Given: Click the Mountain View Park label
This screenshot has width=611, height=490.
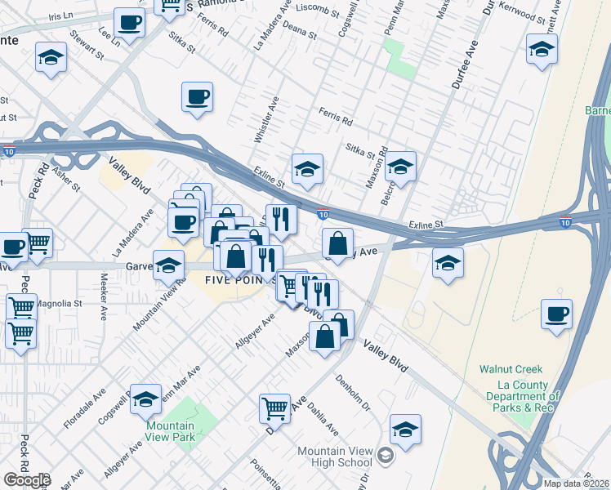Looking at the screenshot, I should (170, 431).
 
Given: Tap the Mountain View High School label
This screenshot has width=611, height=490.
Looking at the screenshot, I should (334, 457).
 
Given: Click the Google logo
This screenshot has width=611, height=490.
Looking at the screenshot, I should (27, 480).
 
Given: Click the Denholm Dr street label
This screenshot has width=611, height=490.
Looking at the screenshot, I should (354, 392).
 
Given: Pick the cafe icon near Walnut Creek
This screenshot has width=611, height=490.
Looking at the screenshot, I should (556, 314).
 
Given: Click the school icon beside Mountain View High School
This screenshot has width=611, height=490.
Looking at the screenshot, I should (405, 430).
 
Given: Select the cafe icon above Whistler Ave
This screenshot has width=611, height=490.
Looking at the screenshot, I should (197, 97).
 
